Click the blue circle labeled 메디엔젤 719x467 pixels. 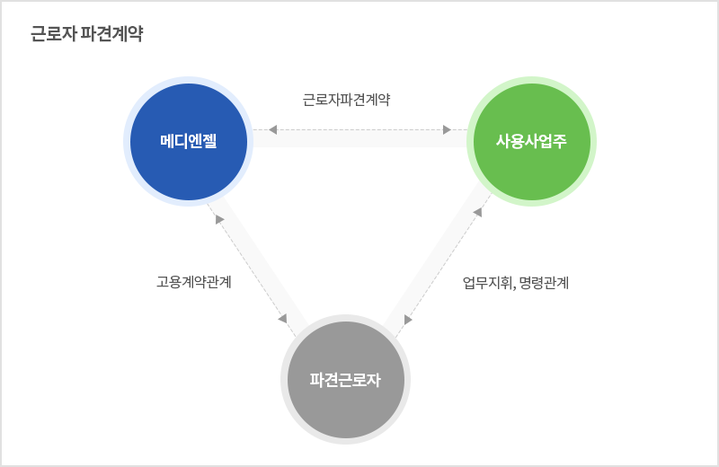(x=189, y=142)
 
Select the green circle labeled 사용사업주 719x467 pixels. (x=531, y=142)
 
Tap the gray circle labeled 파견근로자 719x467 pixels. (x=345, y=380)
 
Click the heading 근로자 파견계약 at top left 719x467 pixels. (x=87, y=33)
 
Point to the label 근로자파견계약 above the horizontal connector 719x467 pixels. (x=346, y=100)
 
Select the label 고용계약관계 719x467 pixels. (x=193, y=281)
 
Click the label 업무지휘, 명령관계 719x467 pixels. (x=515, y=283)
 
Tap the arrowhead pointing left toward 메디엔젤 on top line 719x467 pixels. (x=272, y=129)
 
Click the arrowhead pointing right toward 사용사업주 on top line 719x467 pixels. (x=447, y=129)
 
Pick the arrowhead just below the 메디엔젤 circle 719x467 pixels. (x=219, y=219)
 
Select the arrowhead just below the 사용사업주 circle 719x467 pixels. (x=478, y=212)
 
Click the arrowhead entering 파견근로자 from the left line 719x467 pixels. (x=283, y=318)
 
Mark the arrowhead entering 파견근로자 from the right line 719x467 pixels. (x=408, y=320)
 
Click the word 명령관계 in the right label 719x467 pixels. (x=545, y=283)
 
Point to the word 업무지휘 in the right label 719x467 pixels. (x=487, y=283)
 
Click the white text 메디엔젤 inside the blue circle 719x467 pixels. (x=189, y=141)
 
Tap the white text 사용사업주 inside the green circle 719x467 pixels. (x=531, y=141)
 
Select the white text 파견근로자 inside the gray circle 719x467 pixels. (x=345, y=380)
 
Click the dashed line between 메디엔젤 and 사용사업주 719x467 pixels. (x=360, y=129)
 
